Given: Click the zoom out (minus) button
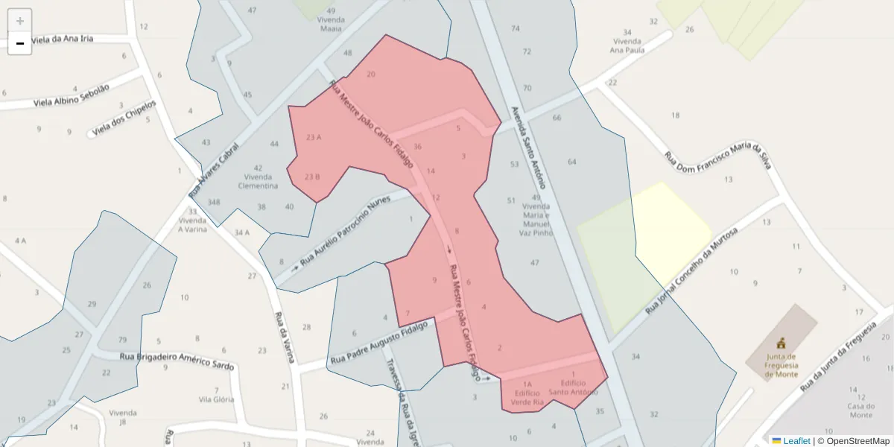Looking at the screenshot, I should coord(20,44).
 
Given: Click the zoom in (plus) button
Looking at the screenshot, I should coord(20,21).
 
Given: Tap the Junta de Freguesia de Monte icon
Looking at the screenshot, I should coord(781,343).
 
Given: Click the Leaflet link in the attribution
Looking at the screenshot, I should coord(796,441).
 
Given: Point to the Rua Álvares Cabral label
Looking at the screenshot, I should coord(215,170).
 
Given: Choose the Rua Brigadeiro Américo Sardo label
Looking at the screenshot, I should coord(177,361).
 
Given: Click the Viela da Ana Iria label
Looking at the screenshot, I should coord(62,39).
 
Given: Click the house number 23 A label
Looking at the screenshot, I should coord(313,137).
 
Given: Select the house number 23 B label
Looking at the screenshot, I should coord(312,177).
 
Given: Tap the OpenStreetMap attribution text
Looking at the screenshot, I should coord(854,441).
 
